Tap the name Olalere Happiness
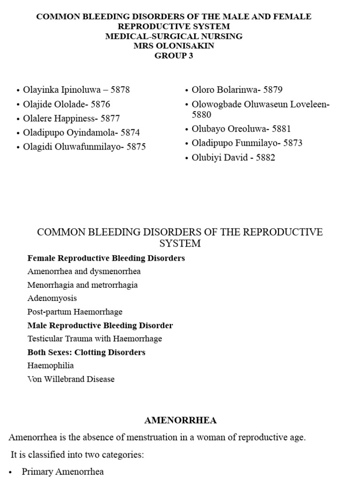click(x=56, y=119)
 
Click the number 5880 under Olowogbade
click(x=202, y=115)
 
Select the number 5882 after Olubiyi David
click(x=265, y=157)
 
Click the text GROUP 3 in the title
click(x=174, y=56)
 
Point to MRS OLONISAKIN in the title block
click(x=174, y=46)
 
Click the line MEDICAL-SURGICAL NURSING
click(x=174, y=36)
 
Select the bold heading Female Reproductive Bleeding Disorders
click(x=106, y=258)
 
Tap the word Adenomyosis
click(x=52, y=298)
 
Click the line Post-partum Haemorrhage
click(x=75, y=312)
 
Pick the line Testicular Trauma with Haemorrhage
click(x=95, y=338)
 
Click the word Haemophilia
click(x=51, y=366)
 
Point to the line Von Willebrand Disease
click(x=71, y=379)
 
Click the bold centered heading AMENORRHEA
click(x=180, y=420)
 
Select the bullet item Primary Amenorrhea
click(x=63, y=472)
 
